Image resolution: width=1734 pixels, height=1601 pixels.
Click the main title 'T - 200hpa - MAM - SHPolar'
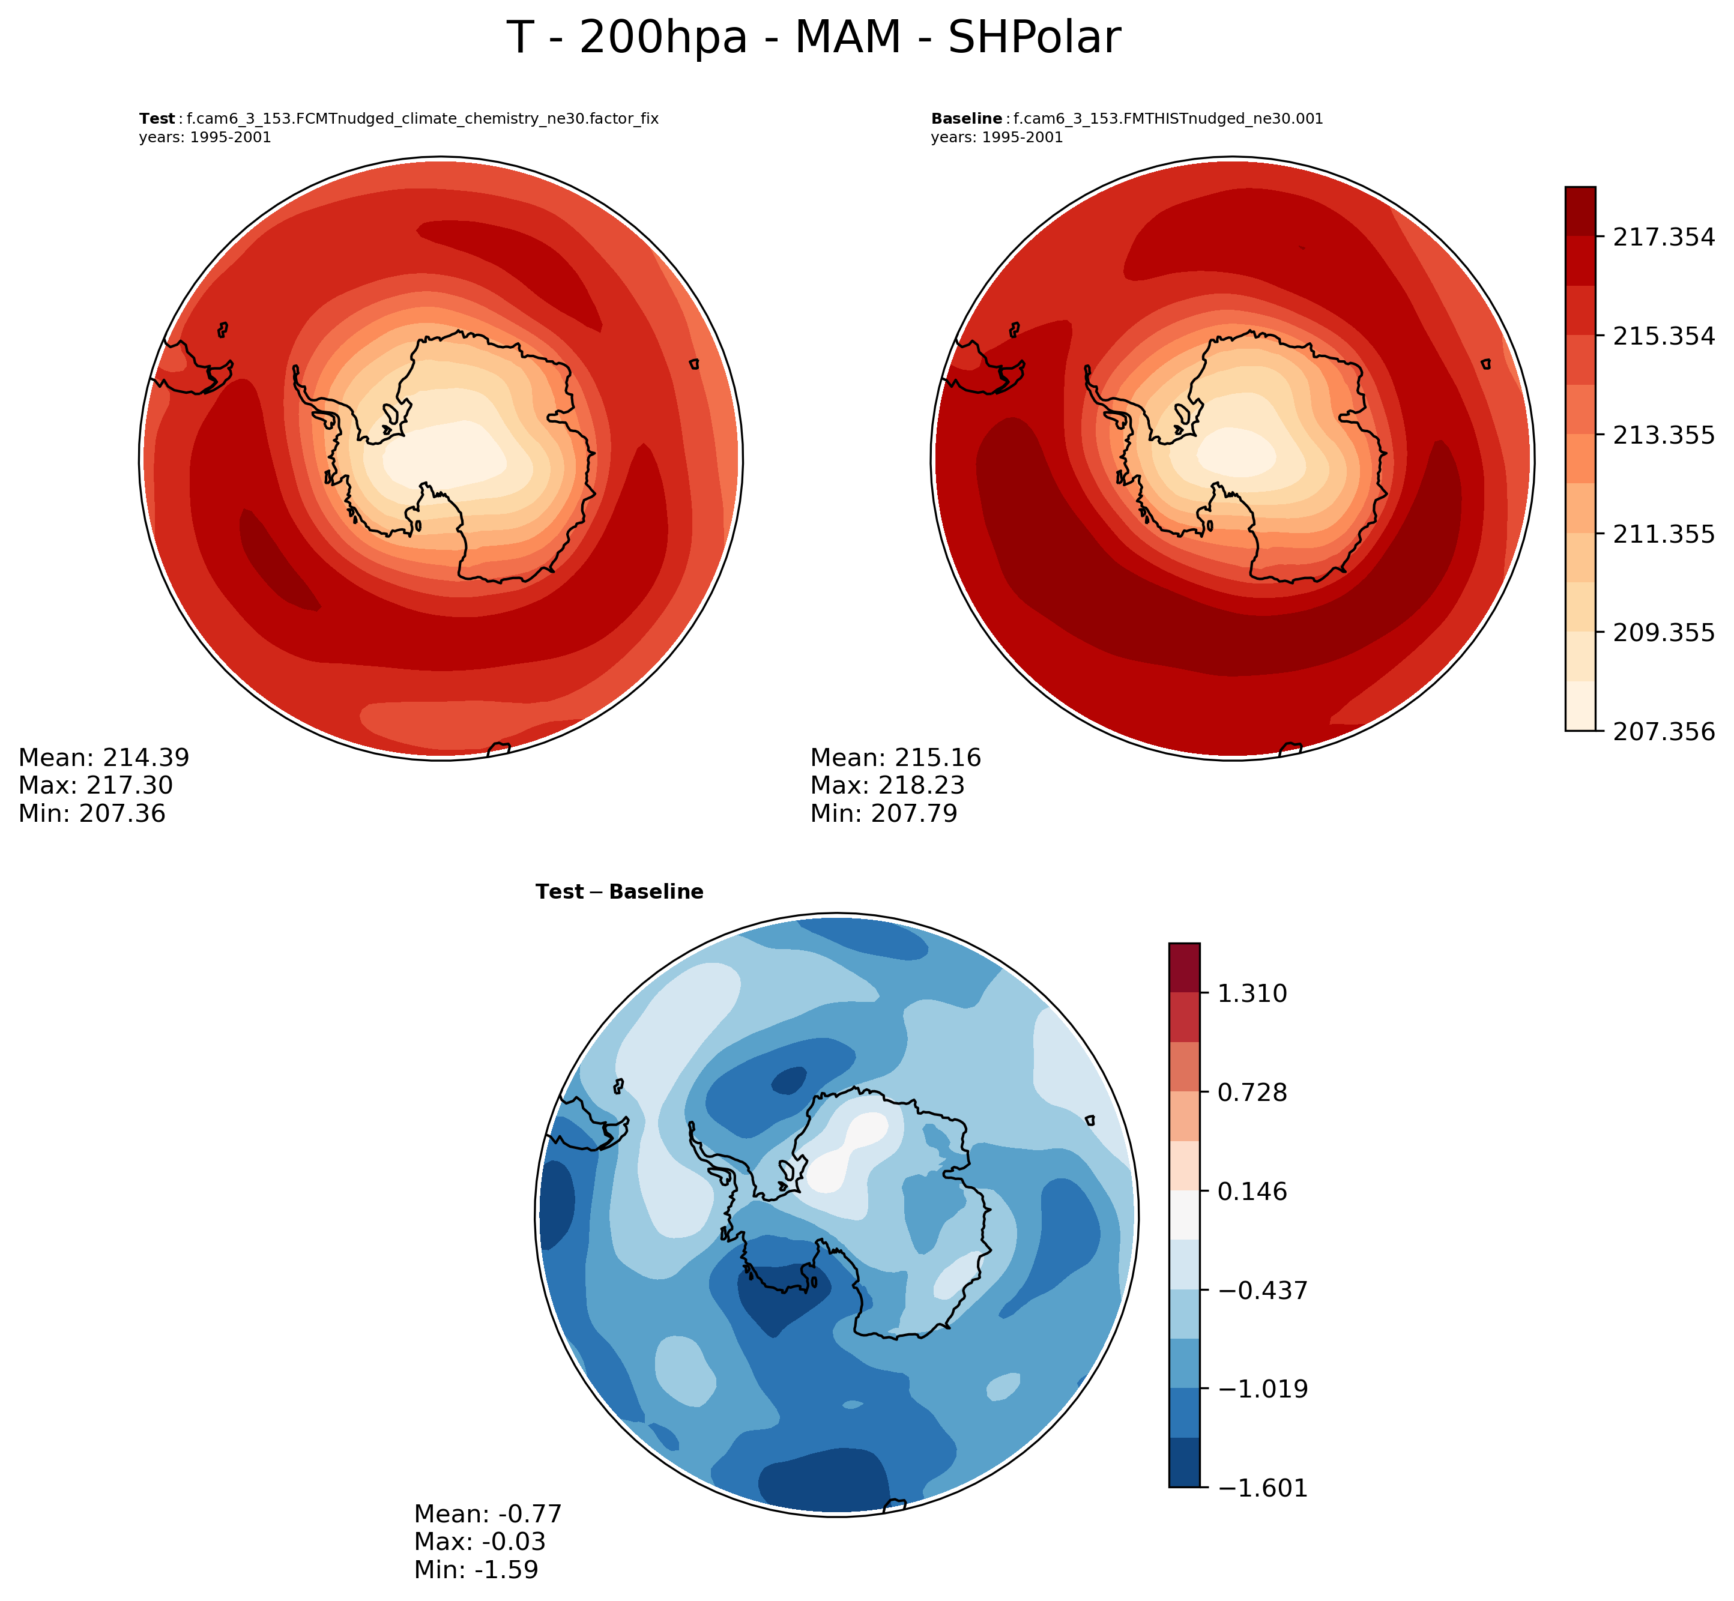pos(813,39)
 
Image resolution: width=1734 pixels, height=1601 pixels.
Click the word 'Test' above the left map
pos(157,119)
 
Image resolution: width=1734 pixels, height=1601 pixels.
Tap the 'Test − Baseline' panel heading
pos(619,892)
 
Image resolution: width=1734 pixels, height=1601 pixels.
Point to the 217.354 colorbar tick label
pos(1662,237)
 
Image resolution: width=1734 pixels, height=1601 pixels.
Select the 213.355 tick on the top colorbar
pos(1662,435)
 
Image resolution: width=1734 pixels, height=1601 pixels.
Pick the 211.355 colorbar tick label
pos(1662,534)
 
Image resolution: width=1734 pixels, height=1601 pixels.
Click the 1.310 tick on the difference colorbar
pos(1253,993)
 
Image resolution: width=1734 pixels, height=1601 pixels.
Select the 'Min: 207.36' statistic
pos(92,813)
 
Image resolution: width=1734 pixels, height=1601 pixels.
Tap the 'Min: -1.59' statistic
pos(476,1570)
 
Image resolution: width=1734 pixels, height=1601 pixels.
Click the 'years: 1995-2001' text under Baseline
pos(997,137)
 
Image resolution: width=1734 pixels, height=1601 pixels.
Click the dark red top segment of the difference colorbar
pos(1184,968)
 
